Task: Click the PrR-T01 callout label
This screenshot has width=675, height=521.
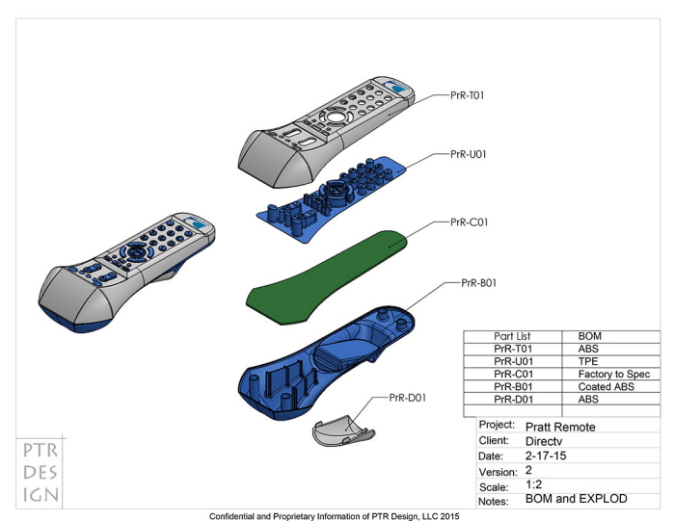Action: [x=467, y=96]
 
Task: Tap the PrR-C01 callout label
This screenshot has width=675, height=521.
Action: [x=470, y=221]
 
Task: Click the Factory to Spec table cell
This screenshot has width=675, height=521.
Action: [x=614, y=374]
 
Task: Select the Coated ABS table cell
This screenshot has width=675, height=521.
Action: [x=604, y=386]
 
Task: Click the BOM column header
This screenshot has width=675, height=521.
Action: [x=590, y=336]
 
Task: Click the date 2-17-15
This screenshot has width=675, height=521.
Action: [x=547, y=456]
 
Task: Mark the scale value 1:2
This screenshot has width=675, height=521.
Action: [x=534, y=486]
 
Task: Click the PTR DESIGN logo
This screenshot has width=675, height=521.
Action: [x=40, y=473]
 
